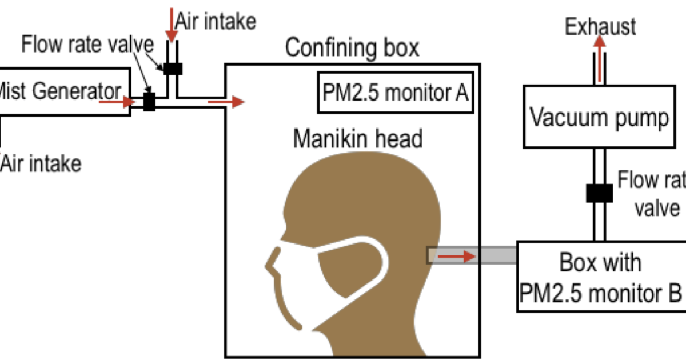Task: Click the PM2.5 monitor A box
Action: [x=395, y=93]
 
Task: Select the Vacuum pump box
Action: [x=599, y=117]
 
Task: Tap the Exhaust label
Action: [x=600, y=26]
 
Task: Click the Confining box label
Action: [x=352, y=48]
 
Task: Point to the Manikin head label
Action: [x=358, y=139]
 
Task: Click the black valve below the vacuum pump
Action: [x=599, y=193]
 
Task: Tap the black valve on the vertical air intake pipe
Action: [x=172, y=69]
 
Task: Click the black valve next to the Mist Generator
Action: [x=149, y=102]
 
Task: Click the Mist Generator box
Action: [x=63, y=91]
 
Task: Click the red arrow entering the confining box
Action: [x=226, y=102]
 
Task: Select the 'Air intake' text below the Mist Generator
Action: [x=41, y=164]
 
